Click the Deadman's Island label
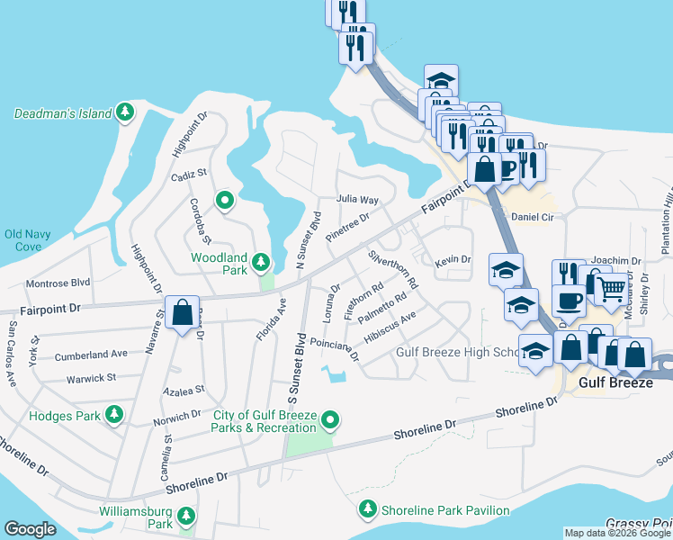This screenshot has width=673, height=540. click(62, 113)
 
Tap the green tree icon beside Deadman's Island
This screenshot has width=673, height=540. click(127, 113)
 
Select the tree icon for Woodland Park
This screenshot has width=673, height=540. click(261, 263)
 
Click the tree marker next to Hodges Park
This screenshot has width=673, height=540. click(113, 415)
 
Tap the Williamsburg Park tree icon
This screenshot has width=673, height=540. click(185, 516)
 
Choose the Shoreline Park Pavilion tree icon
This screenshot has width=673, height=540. click(367, 510)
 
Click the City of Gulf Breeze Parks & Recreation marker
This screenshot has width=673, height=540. click(330, 419)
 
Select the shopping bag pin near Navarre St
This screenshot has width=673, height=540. click(182, 314)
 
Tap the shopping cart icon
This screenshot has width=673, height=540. click(611, 290)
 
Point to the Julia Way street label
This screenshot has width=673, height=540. click(357, 199)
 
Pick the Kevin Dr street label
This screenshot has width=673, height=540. click(453, 260)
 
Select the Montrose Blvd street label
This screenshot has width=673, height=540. click(58, 282)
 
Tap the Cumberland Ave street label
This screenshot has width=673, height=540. click(91, 355)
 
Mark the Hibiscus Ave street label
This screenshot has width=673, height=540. click(390, 329)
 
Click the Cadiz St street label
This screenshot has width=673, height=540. click(189, 172)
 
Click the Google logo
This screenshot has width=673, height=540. click(30, 529)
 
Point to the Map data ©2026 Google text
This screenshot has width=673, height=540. click(617, 532)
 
